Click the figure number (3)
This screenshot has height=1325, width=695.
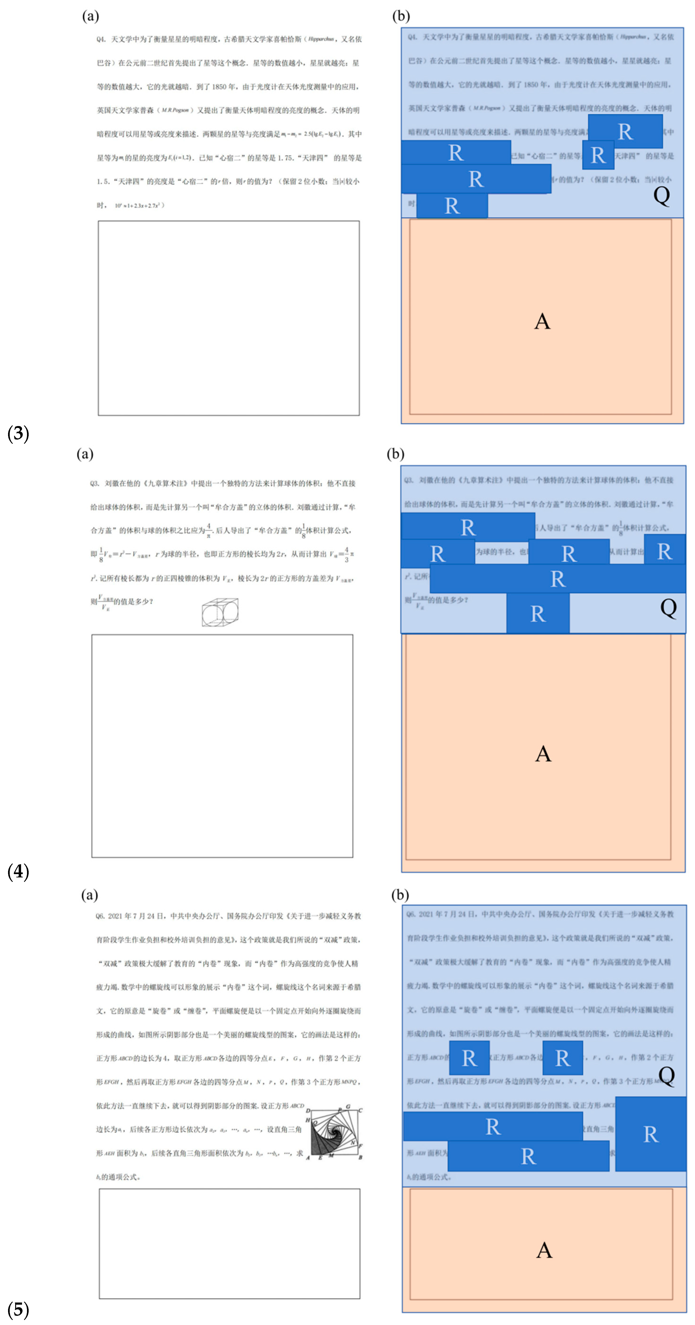click(x=18, y=433)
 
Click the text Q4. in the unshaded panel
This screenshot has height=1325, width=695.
click(x=101, y=39)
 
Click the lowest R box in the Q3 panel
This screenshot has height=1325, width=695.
click(x=538, y=613)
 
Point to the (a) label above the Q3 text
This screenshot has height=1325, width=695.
click(x=85, y=454)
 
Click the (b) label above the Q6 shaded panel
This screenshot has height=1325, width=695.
click(x=400, y=895)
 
